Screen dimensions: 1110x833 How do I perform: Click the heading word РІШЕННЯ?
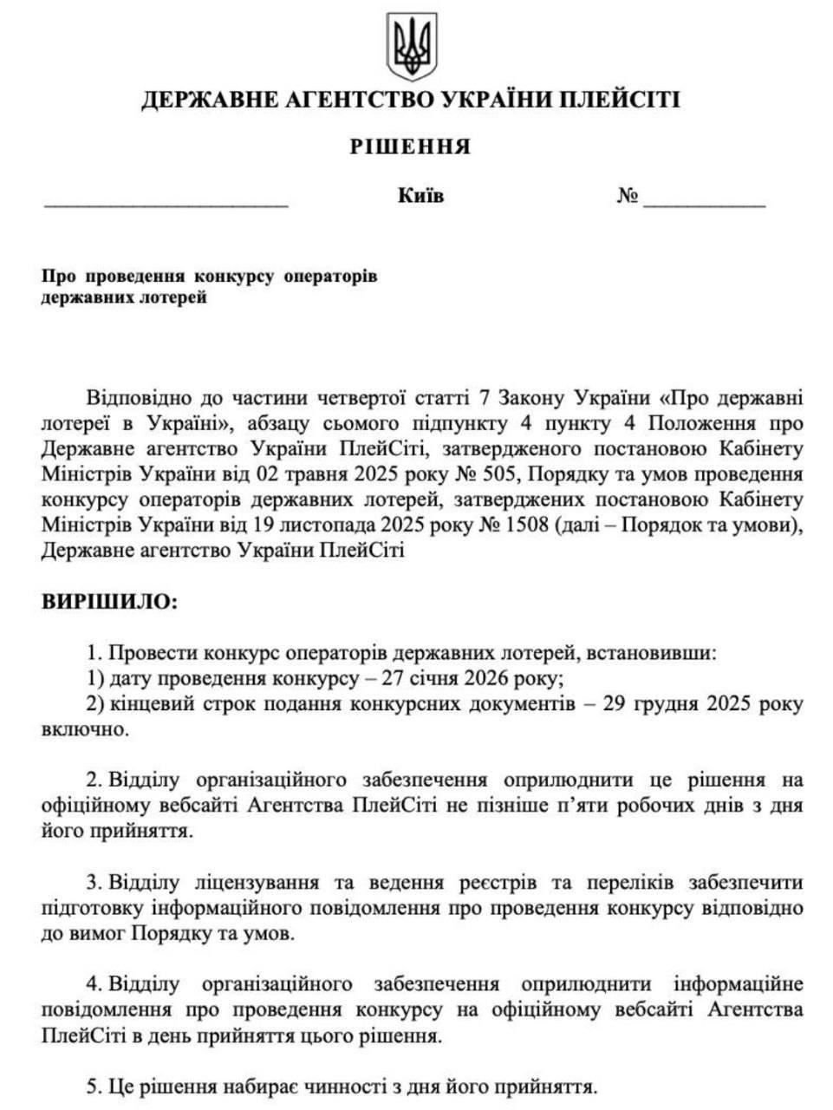coord(411,147)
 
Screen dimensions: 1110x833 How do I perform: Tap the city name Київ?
coord(420,196)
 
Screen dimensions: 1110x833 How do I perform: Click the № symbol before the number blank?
coord(628,197)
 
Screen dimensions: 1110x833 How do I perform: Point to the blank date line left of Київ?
coord(166,205)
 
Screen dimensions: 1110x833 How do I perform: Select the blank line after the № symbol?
coord(704,205)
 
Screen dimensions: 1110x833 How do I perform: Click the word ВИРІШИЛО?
coord(110,602)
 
